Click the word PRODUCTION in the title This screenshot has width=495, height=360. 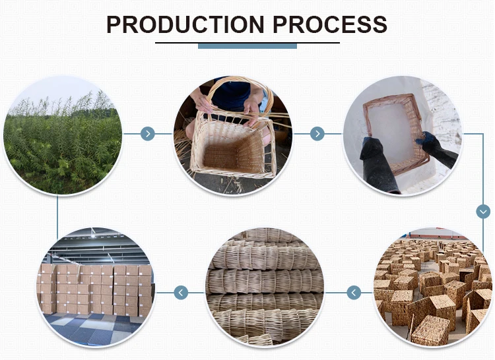(185, 24)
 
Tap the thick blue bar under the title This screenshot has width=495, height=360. (247, 45)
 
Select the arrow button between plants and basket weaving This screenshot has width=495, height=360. (148, 134)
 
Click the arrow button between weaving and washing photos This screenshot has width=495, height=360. (317, 134)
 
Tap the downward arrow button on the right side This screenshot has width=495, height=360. (483, 212)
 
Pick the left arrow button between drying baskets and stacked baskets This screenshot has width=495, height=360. (354, 292)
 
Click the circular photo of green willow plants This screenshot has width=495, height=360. (63, 138)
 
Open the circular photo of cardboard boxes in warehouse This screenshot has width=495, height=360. (96, 287)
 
